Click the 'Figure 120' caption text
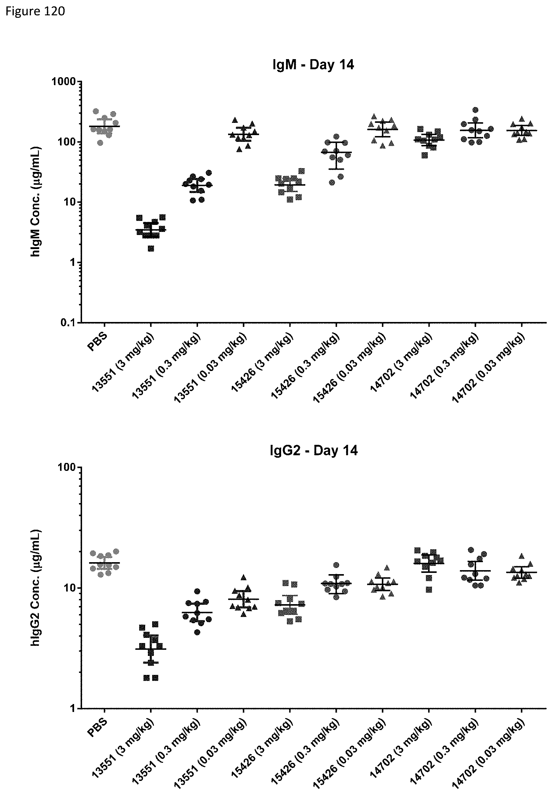click(35, 11)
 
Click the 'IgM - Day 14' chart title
click(313, 65)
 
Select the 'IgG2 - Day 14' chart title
click(313, 450)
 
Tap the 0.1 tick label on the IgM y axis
click(69, 323)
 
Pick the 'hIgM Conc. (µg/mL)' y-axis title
click(36, 202)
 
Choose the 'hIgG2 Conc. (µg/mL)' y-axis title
click(36, 587)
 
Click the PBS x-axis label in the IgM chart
click(97, 342)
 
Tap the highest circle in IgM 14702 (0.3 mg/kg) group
click(476, 110)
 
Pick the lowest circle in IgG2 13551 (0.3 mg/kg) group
click(197, 632)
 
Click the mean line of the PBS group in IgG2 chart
click(104, 563)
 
